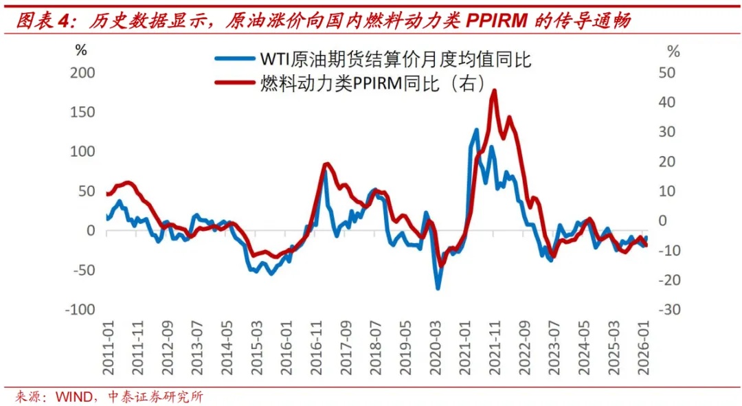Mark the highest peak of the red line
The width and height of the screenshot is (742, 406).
tap(494, 91)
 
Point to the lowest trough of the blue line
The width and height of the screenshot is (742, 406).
tap(438, 288)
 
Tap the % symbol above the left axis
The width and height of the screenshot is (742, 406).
tap(81, 49)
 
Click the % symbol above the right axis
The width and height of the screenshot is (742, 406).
tap(673, 52)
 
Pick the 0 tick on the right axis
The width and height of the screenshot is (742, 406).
tap(664, 221)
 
